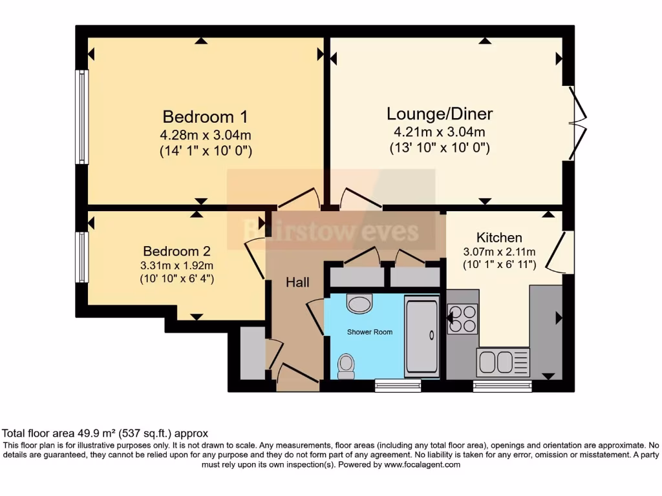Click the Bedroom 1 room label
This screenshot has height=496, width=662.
(205, 117)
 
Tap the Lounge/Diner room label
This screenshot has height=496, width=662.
(440, 114)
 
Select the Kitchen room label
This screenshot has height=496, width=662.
(499, 237)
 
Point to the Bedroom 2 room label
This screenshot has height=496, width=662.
(176, 251)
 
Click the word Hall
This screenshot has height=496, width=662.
(298, 282)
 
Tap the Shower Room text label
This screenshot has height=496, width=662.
(370, 332)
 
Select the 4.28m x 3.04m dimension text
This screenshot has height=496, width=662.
(205, 136)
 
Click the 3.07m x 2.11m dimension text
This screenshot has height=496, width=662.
(500, 251)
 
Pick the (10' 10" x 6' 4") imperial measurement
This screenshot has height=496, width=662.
(176, 279)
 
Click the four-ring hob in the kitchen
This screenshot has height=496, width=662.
(463, 318)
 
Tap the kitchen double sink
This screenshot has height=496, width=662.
(503, 362)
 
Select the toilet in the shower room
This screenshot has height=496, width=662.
(347, 366)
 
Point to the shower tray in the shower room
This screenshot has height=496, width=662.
(421, 336)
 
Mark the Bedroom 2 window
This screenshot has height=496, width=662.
(81, 257)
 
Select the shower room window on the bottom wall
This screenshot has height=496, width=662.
(398, 386)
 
